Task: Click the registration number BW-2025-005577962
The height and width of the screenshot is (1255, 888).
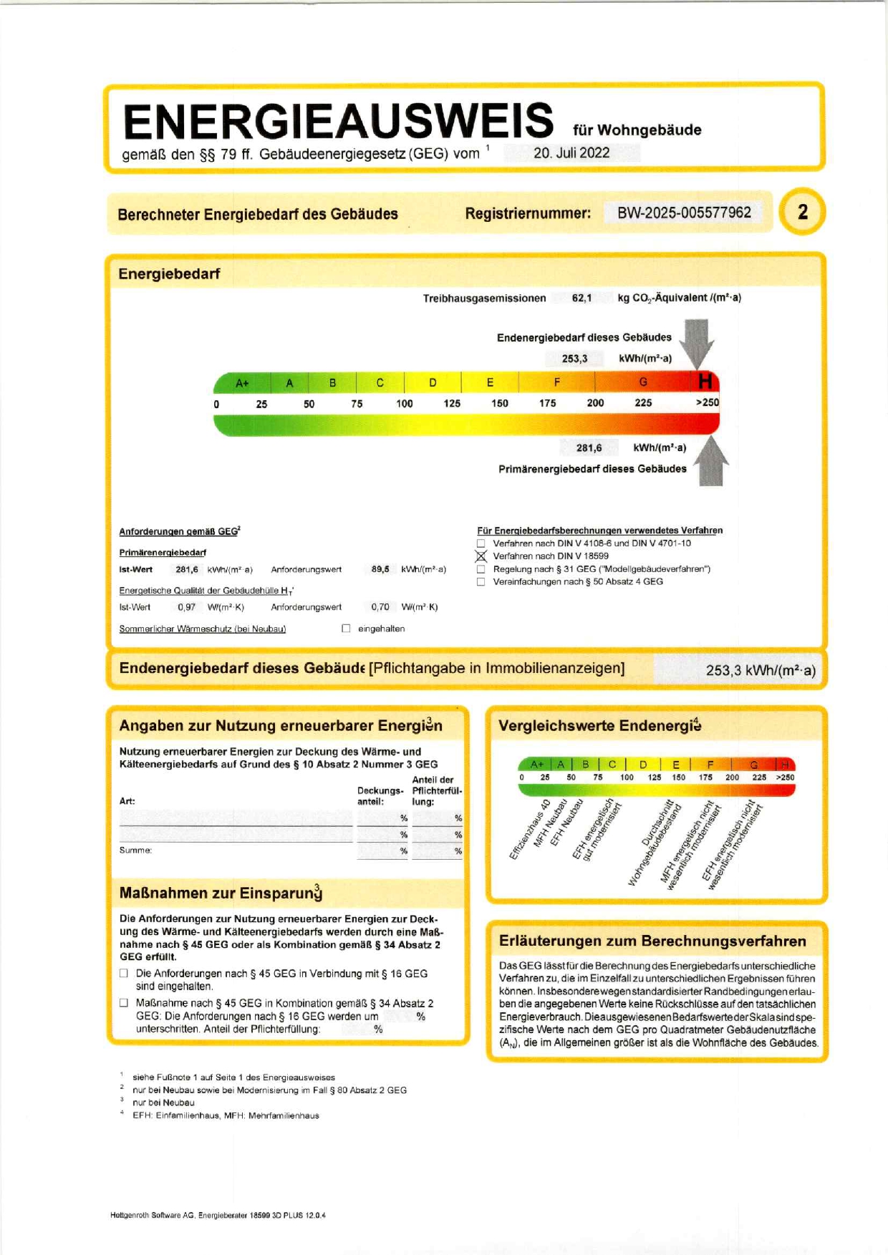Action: (684, 213)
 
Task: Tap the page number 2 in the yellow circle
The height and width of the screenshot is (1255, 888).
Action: (802, 212)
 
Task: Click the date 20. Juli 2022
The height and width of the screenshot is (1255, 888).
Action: (571, 152)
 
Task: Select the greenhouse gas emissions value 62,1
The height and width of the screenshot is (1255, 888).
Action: (581, 298)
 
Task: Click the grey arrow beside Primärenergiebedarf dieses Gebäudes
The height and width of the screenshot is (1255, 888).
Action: (710, 462)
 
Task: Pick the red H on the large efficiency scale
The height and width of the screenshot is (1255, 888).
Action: (705, 382)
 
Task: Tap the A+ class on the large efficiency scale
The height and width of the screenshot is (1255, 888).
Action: (242, 383)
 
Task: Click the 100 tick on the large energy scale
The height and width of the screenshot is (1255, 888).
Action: (405, 404)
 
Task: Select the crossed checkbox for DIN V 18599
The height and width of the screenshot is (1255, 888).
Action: (481, 556)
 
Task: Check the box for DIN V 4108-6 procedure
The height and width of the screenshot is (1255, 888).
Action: (481, 543)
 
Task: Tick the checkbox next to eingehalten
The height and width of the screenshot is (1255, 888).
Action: (346, 629)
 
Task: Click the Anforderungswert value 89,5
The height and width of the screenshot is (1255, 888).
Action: (380, 569)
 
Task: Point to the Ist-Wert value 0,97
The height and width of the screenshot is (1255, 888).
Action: (186, 607)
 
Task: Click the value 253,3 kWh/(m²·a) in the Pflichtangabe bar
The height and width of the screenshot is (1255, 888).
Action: (760, 670)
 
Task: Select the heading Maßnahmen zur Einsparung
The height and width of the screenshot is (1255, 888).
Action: (221, 893)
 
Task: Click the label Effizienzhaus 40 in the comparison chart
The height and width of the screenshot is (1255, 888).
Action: (530, 829)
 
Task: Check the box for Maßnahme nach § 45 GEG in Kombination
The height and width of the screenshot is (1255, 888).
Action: (124, 1003)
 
